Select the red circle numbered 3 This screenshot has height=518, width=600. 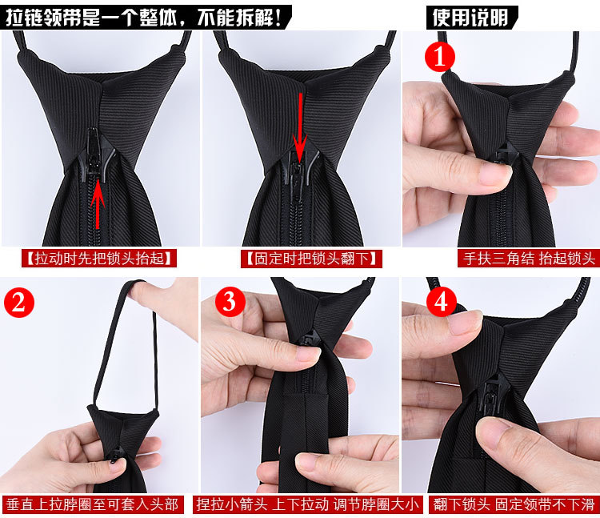point(230,301)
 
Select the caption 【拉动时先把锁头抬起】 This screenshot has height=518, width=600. point(100,258)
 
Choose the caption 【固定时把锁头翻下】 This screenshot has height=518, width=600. point(301,258)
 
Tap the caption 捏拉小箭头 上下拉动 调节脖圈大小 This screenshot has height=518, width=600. point(308,504)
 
